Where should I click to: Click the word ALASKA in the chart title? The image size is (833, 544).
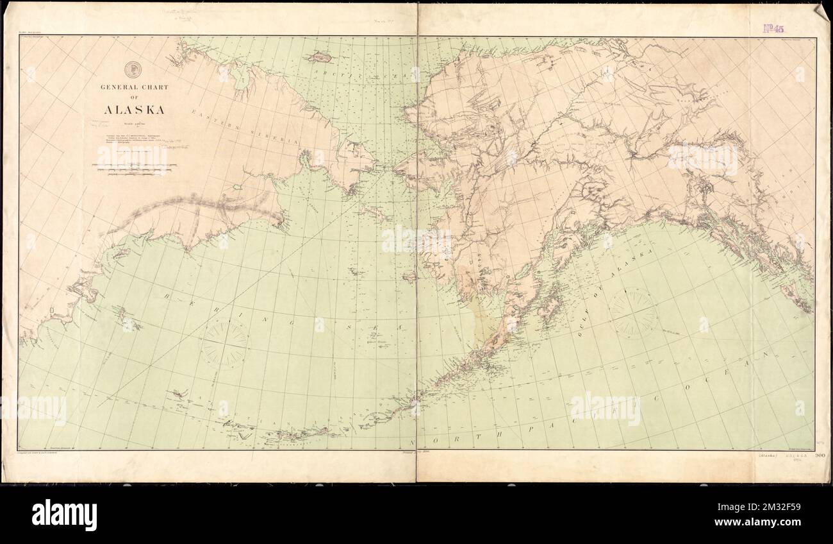point(134,110)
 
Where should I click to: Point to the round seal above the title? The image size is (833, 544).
point(133,68)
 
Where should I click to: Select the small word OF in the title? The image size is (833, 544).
point(133,98)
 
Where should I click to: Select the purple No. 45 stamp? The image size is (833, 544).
point(773,28)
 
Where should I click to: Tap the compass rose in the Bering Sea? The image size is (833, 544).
point(224,344)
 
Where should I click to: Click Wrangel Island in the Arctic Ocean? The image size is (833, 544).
point(319,57)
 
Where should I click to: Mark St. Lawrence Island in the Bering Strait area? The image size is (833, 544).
point(373,212)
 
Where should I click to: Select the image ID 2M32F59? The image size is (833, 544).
point(786,515)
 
